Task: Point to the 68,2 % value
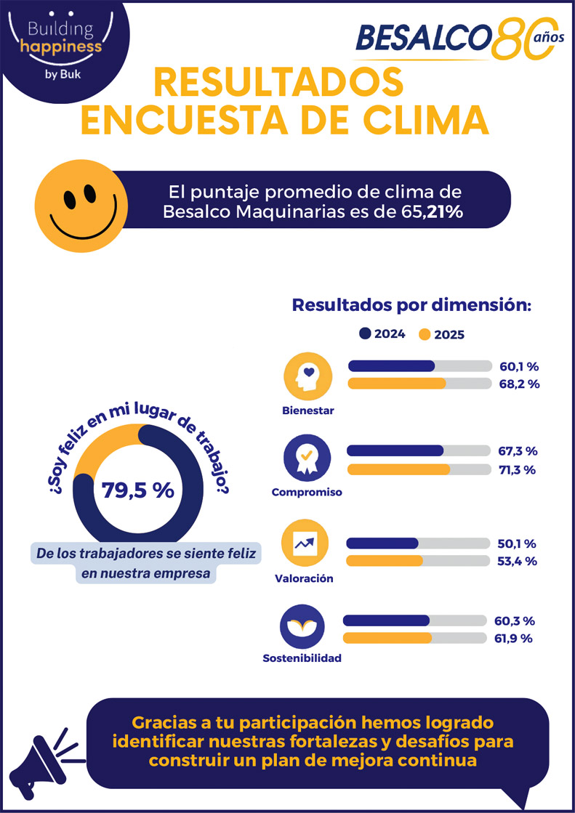coord(519,384)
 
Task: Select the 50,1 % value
coord(516,543)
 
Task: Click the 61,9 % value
coord(514,639)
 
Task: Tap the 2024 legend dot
coord(365,334)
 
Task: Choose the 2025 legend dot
coord(425,335)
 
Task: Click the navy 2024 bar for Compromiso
coord(395,451)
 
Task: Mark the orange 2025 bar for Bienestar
coord(398,383)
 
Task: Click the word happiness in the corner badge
coord(60,47)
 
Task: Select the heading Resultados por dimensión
coord(412,304)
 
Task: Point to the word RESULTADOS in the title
coord(278,83)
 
